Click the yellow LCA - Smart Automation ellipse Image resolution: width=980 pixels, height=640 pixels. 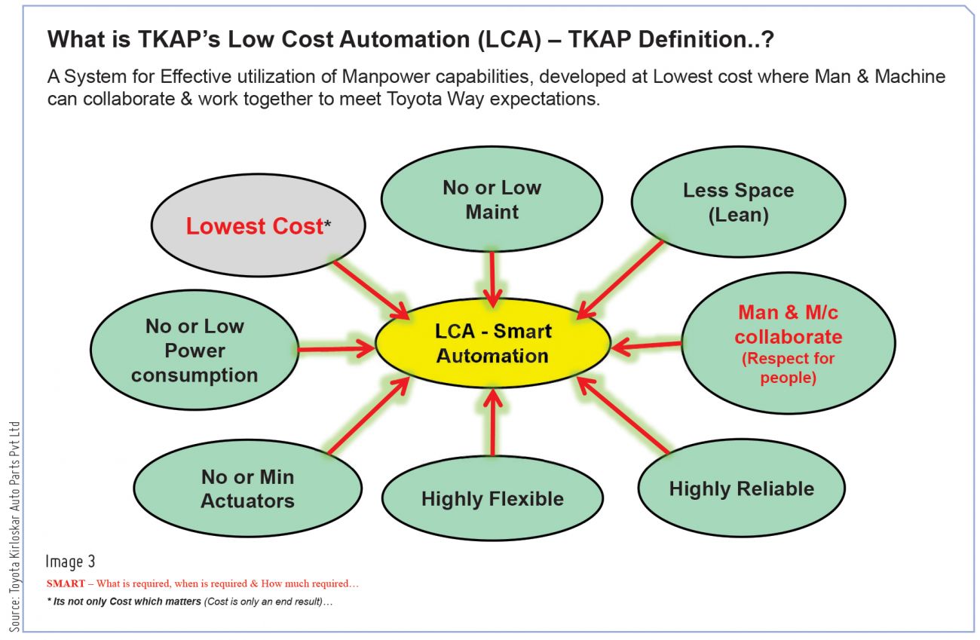(492, 344)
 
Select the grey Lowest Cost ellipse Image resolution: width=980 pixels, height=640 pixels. (258, 225)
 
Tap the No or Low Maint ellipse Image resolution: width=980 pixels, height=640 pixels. (492, 199)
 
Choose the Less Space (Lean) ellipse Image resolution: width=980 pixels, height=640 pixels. (739, 202)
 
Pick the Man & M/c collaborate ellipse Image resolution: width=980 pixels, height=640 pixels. (789, 344)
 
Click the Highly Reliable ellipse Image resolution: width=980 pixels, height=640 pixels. (742, 488)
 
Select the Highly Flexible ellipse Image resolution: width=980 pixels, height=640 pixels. (492, 498)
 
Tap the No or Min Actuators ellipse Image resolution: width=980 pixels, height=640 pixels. (247, 488)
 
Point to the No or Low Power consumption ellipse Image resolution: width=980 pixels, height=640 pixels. (194, 350)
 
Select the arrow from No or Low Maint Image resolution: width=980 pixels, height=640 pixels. (492, 280)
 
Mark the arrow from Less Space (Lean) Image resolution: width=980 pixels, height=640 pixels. (620, 279)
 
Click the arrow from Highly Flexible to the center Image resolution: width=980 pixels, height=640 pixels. (493, 423)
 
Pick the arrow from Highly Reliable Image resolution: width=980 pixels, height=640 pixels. (623, 415)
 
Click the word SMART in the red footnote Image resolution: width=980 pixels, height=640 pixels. (66, 583)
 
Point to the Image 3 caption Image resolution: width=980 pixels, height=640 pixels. (70, 562)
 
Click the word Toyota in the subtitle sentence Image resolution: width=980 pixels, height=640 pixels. (414, 99)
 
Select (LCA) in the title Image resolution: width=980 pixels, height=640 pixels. (510, 39)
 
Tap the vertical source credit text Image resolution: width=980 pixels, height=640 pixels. (15, 527)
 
